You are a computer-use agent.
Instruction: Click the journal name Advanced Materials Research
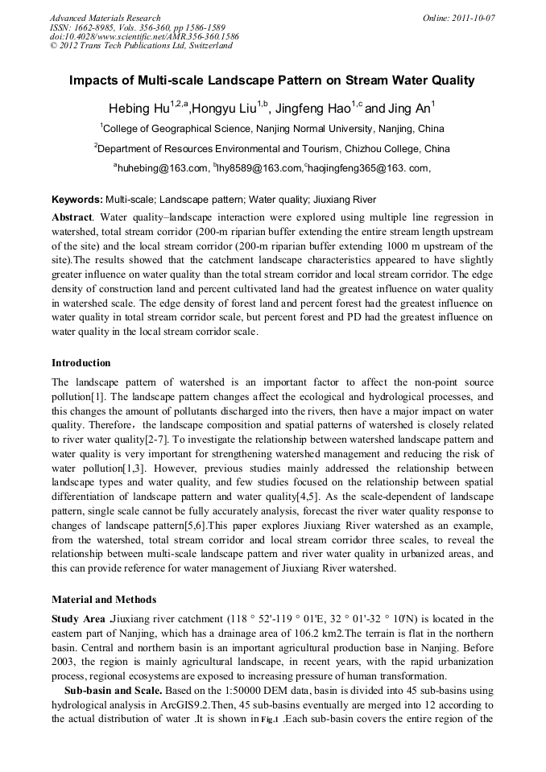(105, 18)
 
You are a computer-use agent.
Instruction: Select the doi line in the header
(144, 37)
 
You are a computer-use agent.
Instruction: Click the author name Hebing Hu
(139, 109)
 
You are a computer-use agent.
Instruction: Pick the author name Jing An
(409, 109)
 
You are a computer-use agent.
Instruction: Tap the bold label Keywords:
(77, 200)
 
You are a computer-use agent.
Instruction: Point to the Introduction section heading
(81, 362)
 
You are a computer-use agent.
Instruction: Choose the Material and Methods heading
(104, 599)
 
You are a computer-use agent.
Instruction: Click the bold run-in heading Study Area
(79, 618)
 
